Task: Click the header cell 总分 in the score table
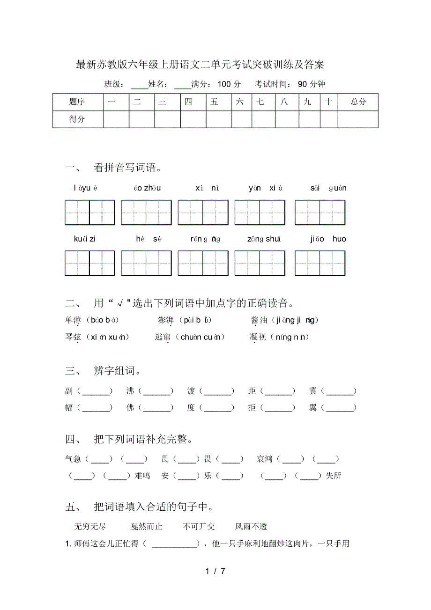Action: pyautogui.click(x=358, y=102)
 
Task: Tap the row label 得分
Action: pyautogui.click(x=77, y=119)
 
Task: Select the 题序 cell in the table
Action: pyautogui.click(x=77, y=102)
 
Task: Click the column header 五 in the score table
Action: pyautogui.click(x=214, y=102)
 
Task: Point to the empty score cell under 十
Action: pyautogui.click(x=329, y=119)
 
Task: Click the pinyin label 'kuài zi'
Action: pyautogui.click(x=85, y=239)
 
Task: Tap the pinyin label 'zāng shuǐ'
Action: pyautogui.click(x=264, y=239)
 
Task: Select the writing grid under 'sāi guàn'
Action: pyautogui.click(x=320, y=212)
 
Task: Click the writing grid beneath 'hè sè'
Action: pyautogui.click(x=146, y=263)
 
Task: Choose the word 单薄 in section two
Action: pyautogui.click(x=74, y=320)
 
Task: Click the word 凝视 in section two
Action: pyautogui.click(x=258, y=337)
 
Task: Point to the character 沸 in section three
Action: pyautogui.click(x=130, y=391)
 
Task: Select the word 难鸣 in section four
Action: pyautogui.click(x=142, y=476)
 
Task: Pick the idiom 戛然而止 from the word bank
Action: pyautogui.click(x=147, y=527)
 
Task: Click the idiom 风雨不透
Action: pyautogui.click(x=251, y=527)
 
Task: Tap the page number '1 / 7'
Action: pyautogui.click(x=215, y=571)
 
